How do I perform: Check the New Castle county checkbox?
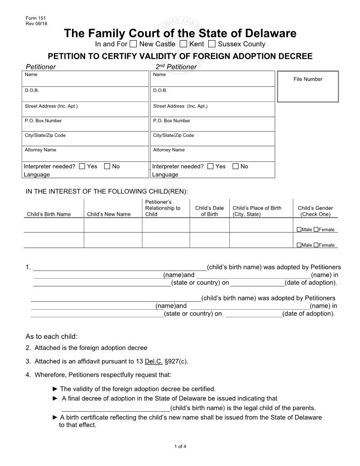134,44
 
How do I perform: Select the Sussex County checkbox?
212,44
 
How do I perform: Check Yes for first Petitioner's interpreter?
82,166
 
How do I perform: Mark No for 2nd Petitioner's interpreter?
236,166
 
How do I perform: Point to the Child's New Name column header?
109,214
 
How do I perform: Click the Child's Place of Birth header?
257,211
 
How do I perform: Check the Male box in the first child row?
299,229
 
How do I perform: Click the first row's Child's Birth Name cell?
53,225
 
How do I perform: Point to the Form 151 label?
33,17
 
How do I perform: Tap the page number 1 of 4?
180,447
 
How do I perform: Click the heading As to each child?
52,336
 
